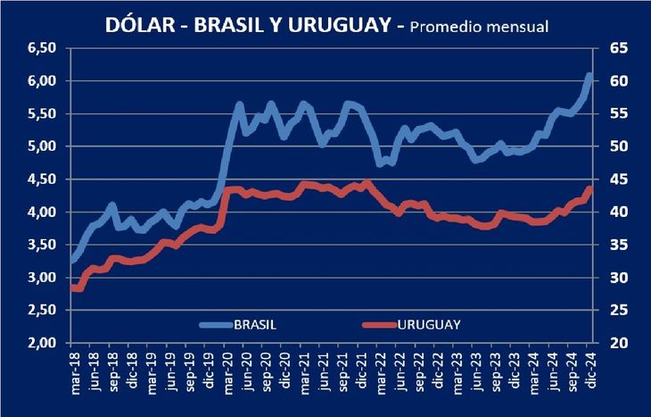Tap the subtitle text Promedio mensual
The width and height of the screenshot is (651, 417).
click(x=479, y=26)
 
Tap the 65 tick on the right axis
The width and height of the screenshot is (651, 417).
click(x=617, y=47)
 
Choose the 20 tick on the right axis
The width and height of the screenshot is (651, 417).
click(x=617, y=344)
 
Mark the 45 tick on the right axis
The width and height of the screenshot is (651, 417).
click(x=617, y=179)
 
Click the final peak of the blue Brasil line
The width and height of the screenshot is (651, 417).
click(x=589, y=76)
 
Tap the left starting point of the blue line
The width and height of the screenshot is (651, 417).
click(x=73, y=261)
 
